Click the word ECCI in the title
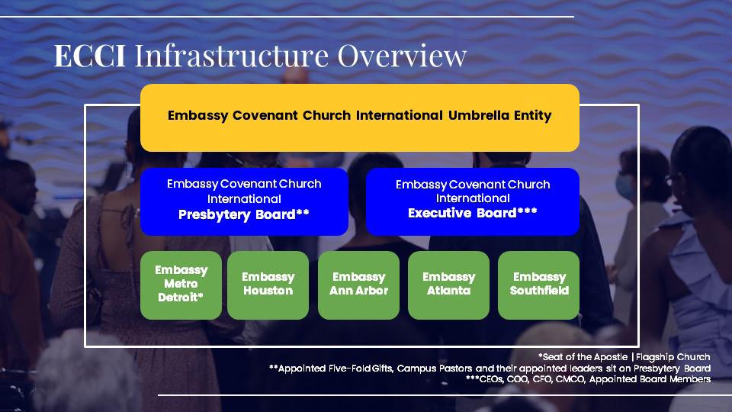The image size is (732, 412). (x=90, y=56)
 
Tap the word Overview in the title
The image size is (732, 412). (x=402, y=56)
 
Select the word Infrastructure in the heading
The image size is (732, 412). (x=232, y=56)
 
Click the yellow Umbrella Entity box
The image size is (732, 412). (x=359, y=117)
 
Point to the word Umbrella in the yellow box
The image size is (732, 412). (x=478, y=115)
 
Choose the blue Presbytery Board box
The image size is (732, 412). (x=244, y=201)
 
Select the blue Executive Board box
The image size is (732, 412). (x=473, y=201)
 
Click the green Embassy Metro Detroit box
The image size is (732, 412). (x=181, y=285)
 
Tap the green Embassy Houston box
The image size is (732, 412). (x=268, y=285)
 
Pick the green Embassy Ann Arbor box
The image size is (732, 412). (x=358, y=285)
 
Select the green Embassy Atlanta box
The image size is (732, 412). (x=448, y=285)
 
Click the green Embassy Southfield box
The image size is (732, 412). (x=539, y=285)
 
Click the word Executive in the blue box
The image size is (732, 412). (x=440, y=213)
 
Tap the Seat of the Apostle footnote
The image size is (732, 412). (x=624, y=357)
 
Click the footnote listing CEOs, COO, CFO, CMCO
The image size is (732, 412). (x=588, y=379)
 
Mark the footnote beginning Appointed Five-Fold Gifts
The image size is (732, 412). (x=490, y=368)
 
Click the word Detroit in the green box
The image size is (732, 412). (x=179, y=297)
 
